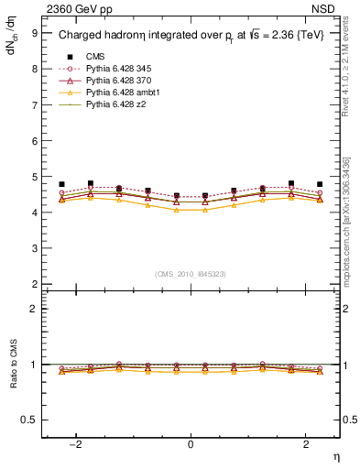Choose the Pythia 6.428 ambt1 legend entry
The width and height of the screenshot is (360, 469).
pos(123,93)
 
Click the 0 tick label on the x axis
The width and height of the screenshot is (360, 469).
pos(191,444)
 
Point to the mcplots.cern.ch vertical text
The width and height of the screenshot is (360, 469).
pos(351,229)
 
